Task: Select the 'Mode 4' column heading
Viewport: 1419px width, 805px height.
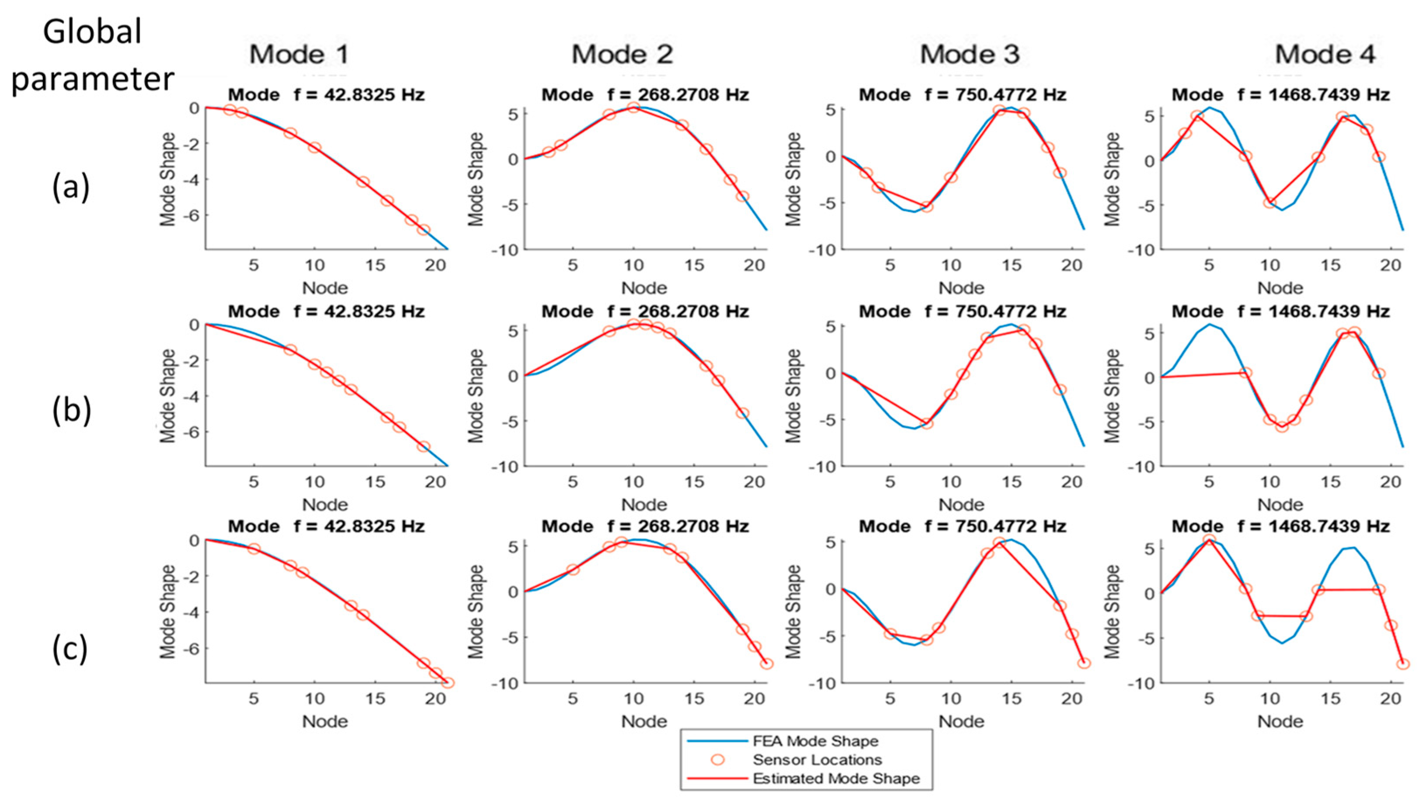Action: (1325, 54)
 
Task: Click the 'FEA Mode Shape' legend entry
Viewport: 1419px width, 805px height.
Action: (815, 741)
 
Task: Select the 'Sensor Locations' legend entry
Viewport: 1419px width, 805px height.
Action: (817, 760)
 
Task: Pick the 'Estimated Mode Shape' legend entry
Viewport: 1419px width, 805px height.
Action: (835, 778)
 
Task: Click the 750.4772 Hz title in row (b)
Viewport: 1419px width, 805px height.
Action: (962, 311)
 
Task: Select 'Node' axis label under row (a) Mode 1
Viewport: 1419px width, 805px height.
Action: (325, 287)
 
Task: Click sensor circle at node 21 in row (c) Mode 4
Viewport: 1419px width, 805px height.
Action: (1402, 663)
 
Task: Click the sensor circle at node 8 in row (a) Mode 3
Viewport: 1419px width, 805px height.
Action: (927, 206)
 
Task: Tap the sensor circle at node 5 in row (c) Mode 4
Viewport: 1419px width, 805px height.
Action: (1209, 539)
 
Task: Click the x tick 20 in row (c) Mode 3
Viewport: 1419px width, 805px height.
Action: (1071, 699)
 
